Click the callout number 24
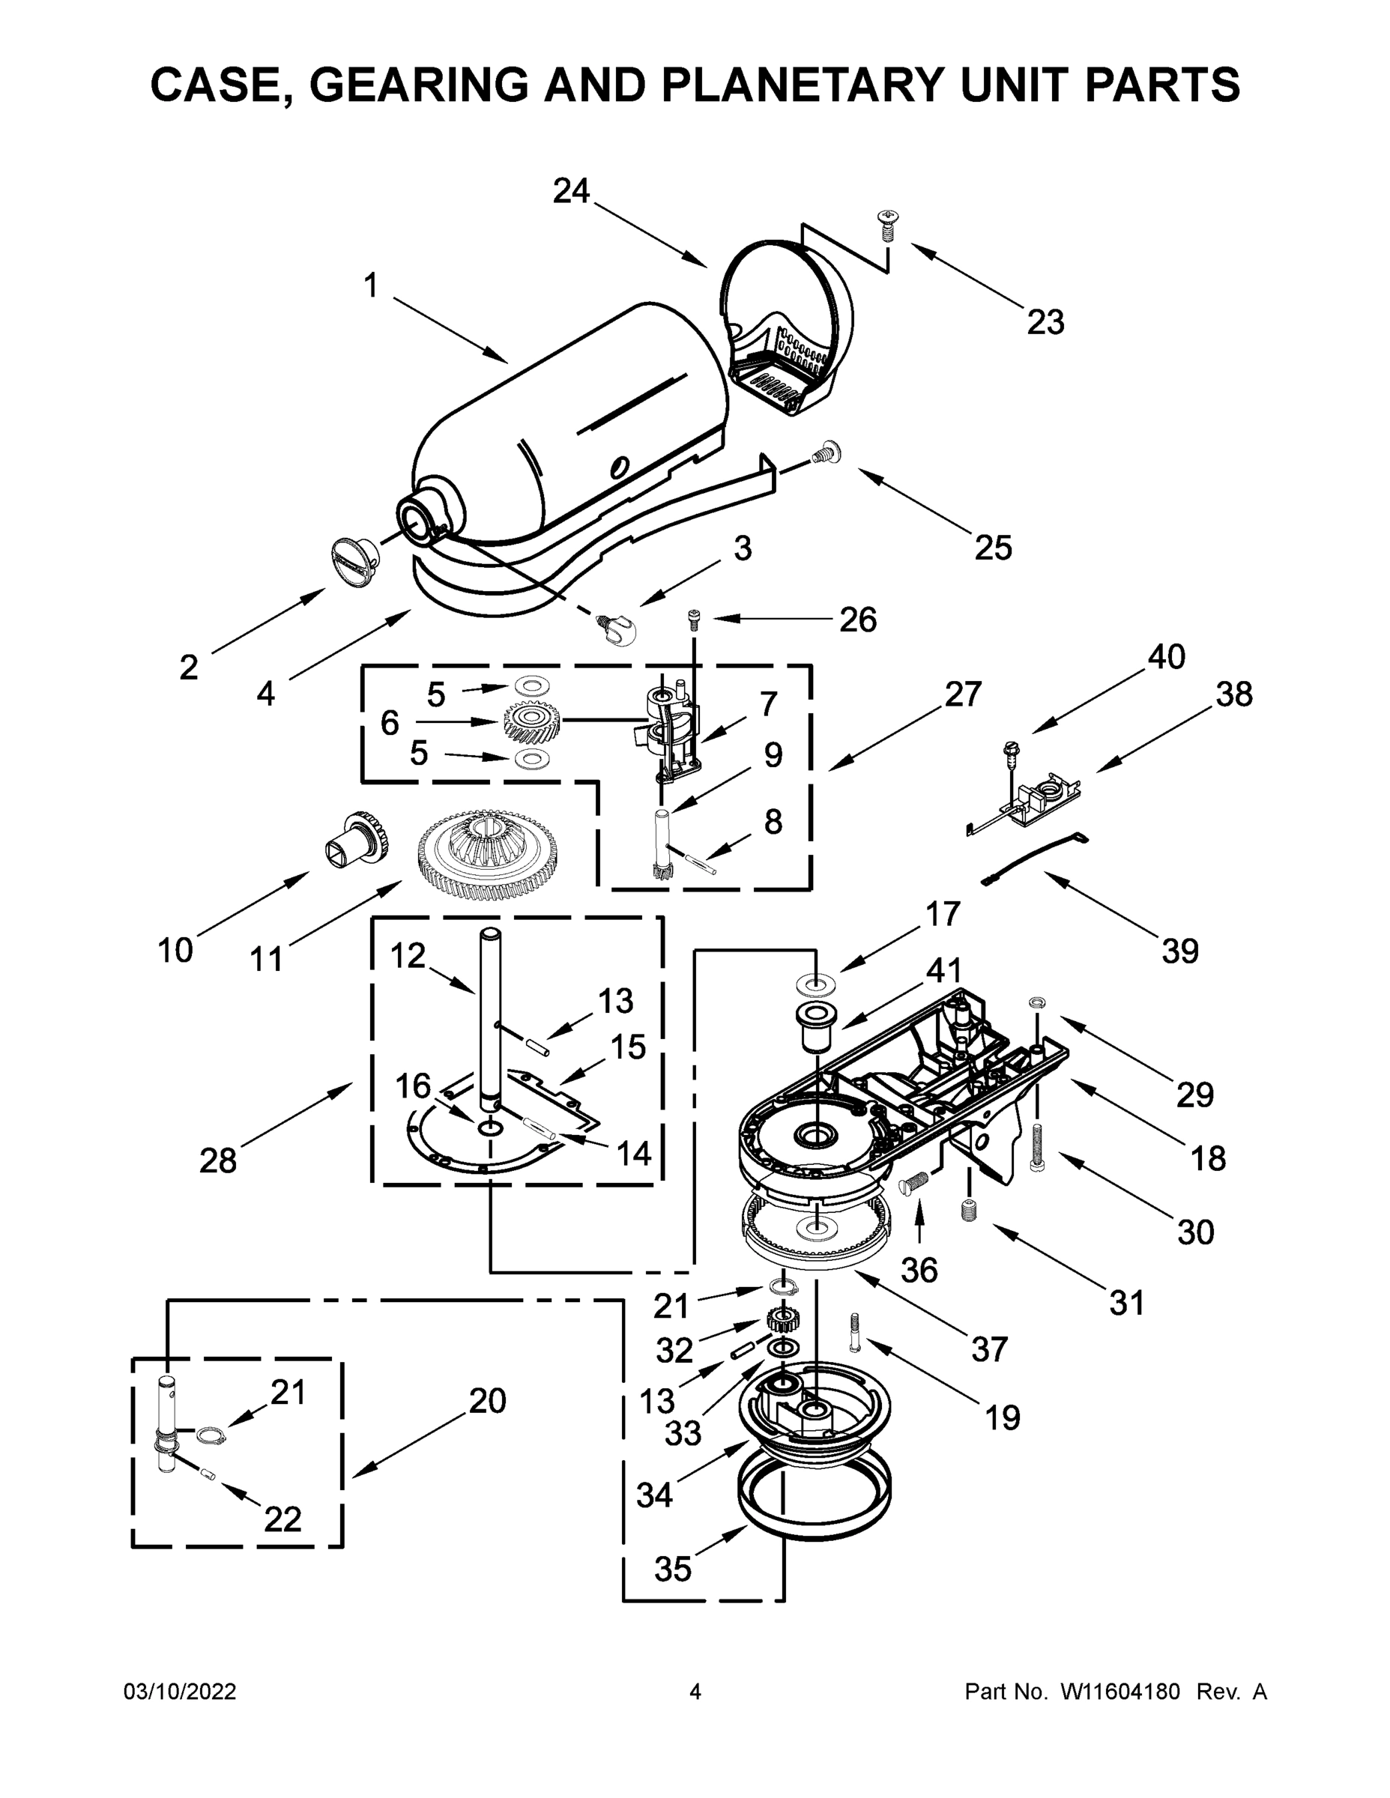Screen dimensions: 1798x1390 click(x=572, y=191)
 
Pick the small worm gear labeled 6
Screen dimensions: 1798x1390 click(x=532, y=722)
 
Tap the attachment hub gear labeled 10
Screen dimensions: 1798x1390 click(x=357, y=840)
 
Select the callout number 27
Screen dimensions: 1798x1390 click(x=963, y=694)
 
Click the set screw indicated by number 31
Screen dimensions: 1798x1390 click(x=969, y=1211)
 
